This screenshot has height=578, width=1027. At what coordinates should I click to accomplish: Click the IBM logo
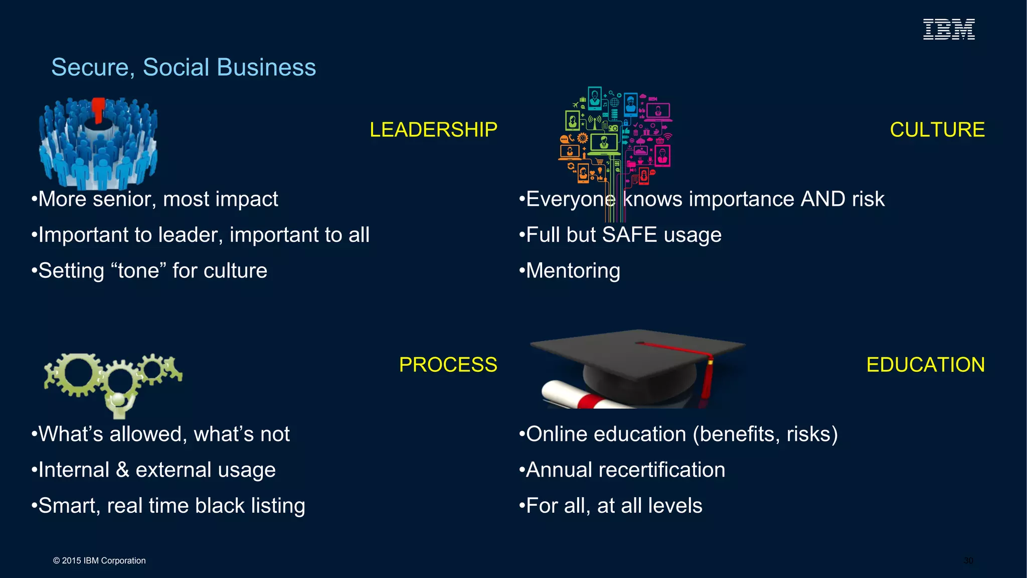click(949, 29)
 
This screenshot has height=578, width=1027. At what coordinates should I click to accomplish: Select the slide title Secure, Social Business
click(184, 67)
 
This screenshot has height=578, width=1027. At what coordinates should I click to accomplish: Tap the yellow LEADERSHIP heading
click(433, 129)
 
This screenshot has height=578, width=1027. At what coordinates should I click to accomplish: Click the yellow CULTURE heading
click(937, 129)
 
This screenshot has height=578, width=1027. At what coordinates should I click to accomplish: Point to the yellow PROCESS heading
click(448, 364)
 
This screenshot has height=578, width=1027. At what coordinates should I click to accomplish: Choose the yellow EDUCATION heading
click(925, 364)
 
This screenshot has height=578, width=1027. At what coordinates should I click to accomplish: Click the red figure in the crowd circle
click(98, 109)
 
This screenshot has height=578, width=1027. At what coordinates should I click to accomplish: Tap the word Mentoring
click(573, 271)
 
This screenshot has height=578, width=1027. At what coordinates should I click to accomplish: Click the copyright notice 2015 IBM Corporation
click(99, 560)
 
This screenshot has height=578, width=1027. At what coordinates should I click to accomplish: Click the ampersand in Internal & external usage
click(122, 470)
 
